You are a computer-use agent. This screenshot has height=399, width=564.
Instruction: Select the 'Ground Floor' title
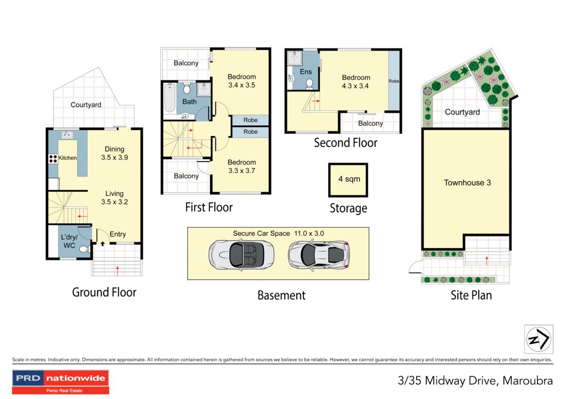[x=104, y=292]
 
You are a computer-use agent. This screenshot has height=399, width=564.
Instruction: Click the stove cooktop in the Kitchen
[x=54, y=159]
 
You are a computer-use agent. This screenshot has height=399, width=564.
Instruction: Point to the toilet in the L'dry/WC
[x=84, y=250]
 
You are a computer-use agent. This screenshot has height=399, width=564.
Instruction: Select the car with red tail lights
[x=319, y=255]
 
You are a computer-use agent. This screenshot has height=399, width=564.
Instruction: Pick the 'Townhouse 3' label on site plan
[x=467, y=182]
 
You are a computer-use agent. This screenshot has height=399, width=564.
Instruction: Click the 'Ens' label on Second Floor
[x=306, y=72]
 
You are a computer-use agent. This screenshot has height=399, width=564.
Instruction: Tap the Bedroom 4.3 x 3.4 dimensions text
[x=355, y=86]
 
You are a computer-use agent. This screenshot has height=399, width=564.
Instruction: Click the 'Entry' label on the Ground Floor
[x=117, y=234]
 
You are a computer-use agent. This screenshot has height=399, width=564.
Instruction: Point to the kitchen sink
[x=69, y=134]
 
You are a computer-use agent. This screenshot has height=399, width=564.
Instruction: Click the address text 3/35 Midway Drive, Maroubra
[x=474, y=380]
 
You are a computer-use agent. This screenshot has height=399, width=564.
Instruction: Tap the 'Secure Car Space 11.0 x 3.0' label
[x=278, y=233]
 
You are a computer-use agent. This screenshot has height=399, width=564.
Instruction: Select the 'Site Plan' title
[x=471, y=295]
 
